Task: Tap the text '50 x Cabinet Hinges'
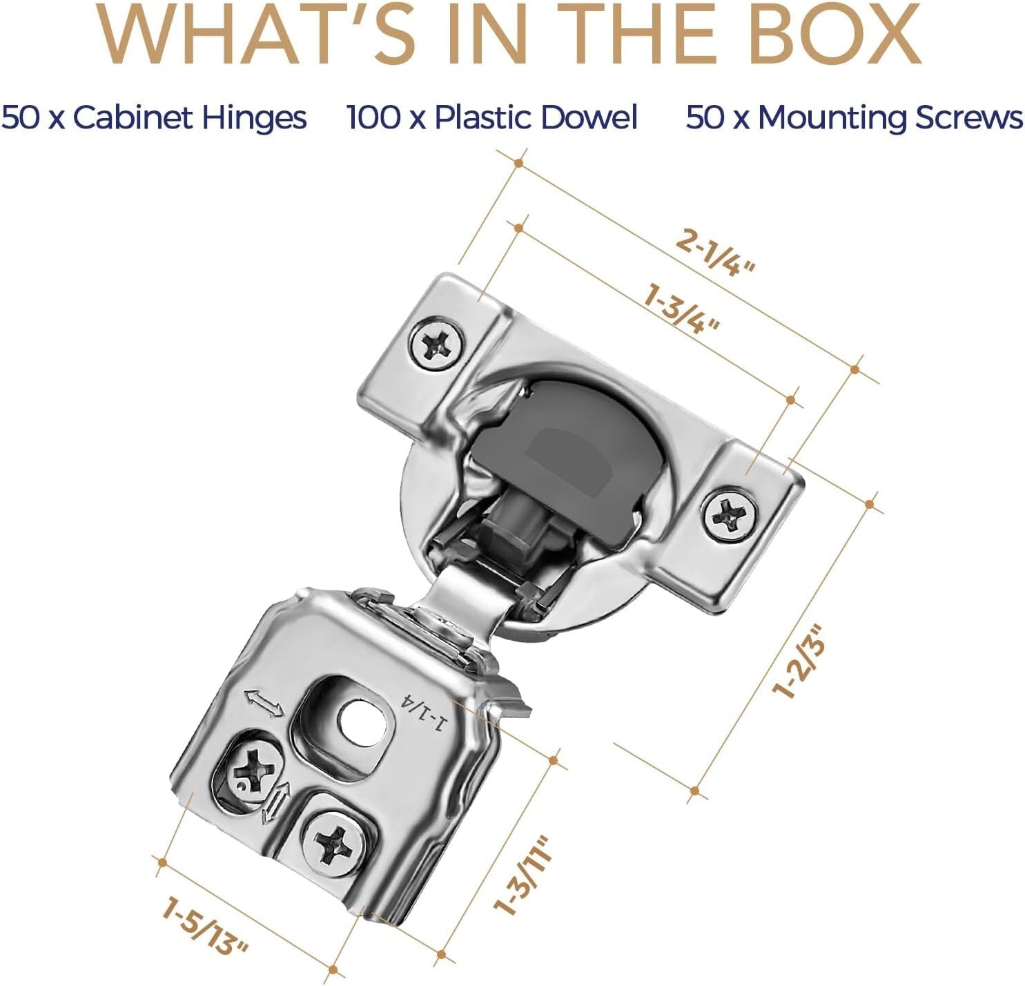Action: coord(154,117)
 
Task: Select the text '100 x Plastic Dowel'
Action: coord(491,117)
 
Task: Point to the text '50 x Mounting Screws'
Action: coord(855,117)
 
